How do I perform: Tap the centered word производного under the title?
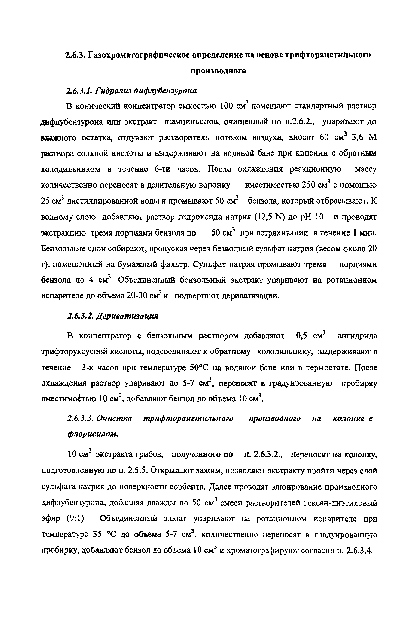coord(218,71)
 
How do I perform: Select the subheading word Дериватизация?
coord(127,316)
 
